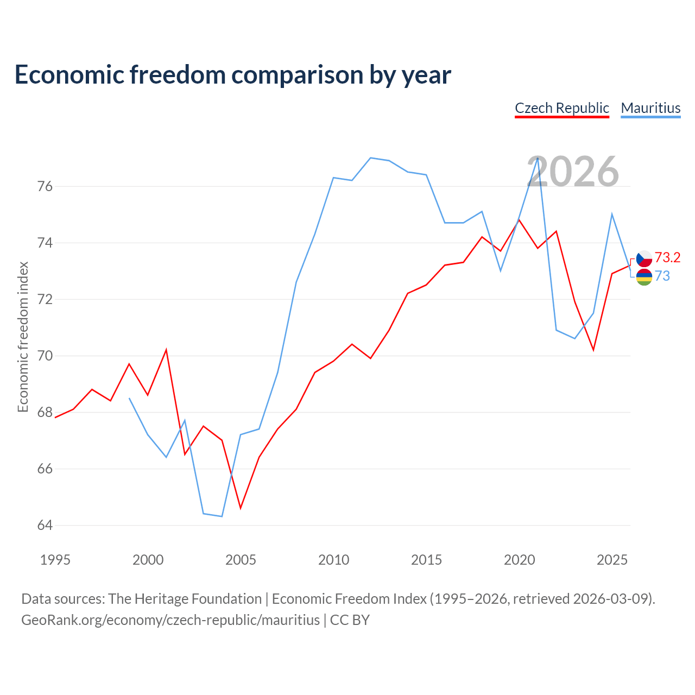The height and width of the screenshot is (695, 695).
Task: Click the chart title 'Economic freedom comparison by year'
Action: [x=232, y=75]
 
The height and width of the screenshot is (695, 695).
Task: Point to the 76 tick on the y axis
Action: [x=45, y=186]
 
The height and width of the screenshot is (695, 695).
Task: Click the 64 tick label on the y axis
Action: [x=45, y=525]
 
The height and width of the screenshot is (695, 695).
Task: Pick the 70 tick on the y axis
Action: [x=45, y=356]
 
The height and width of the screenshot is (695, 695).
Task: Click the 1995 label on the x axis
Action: [x=55, y=560]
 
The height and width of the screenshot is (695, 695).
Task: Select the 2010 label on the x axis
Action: [x=333, y=560]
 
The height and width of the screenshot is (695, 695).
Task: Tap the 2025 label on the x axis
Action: [x=612, y=560]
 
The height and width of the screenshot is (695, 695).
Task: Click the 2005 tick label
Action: [x=241, y=560]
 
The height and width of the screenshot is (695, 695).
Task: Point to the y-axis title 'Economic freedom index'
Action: [x=23, y=337]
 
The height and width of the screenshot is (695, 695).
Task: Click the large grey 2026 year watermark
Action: [x=573, y=172]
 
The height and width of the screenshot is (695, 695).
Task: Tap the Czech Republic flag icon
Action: [x=644, y=258]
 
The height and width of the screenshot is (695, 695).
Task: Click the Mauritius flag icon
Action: [x=644, y=277]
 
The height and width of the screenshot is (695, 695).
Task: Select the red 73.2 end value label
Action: [x=667, y=257]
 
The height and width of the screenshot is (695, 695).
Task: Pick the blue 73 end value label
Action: [x=662, y=276]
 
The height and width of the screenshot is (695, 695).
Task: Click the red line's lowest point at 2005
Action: [x=241, y=508]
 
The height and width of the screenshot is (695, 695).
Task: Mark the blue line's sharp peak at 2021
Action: [x=538, y=158]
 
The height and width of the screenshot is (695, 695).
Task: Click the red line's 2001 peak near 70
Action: [x=166, y=350]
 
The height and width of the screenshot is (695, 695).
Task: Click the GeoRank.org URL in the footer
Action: [x=170, y=620]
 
